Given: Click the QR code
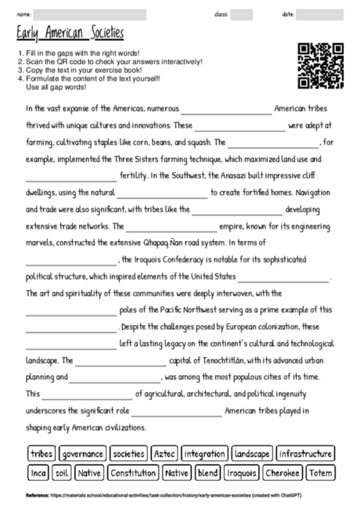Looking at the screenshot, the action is pos(321,66).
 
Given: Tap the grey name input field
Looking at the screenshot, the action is pos(89,14).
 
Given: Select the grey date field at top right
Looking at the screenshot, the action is pos(319,14).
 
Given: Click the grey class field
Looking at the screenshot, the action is pos(242,14).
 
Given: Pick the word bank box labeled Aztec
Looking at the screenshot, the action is pos(164,453).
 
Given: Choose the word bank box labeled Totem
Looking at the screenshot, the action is pos(319,473).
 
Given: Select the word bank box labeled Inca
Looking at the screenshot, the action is pos(38,473).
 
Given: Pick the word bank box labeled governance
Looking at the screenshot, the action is pos(83,453).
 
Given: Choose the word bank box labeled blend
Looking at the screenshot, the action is pos(208,473).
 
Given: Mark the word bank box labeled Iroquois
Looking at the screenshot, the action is pos(242,473).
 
